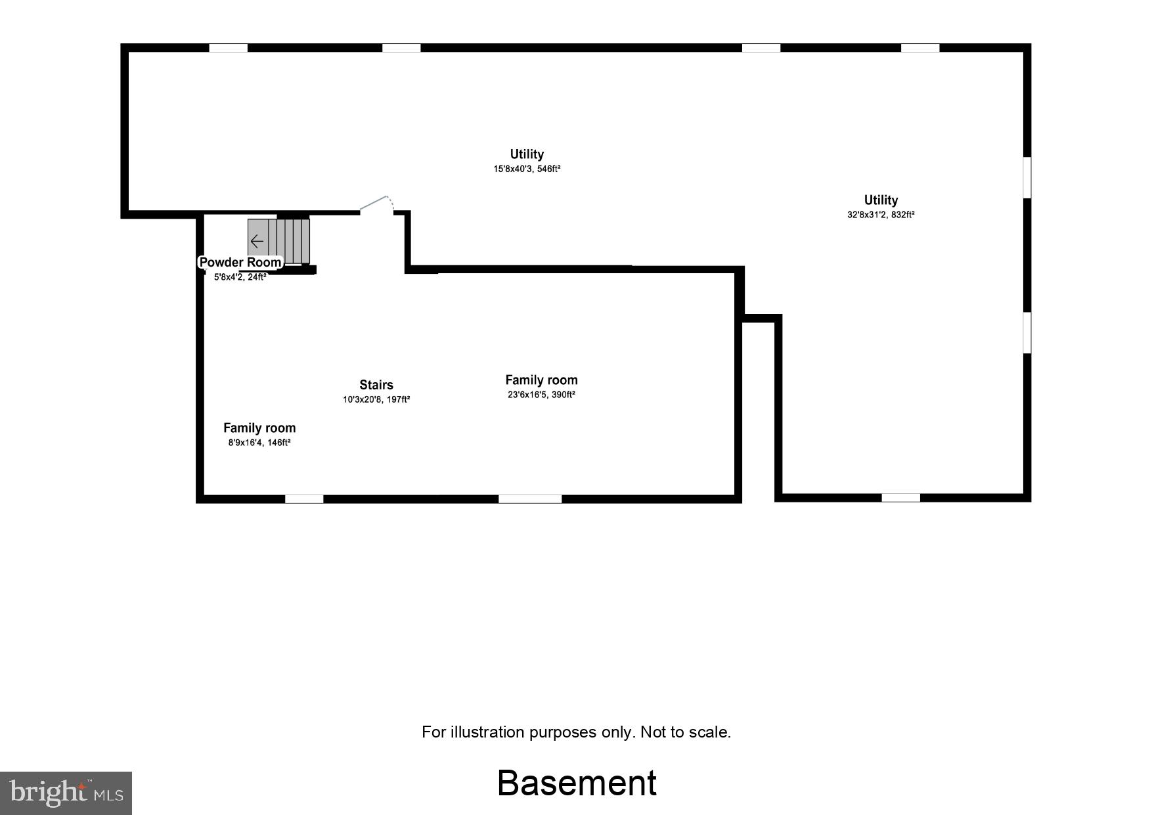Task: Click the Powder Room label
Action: [240, 263]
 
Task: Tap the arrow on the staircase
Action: [257, 241]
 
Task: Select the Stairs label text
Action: [376, 385]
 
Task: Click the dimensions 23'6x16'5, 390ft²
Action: [541, 395]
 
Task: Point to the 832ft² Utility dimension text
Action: [881, 215]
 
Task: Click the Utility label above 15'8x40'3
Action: [527, 154]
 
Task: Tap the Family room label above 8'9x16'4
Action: [259, 428]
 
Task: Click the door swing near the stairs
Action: [377, 204]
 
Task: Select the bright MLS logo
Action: [66, 793]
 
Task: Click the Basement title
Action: [577, 783]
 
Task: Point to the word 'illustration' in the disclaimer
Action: [487, 732]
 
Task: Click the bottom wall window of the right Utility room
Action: [900, 498]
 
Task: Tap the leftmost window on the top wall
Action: [229, 48]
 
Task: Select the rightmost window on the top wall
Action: [920, 48]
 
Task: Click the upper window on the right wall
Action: [1027, 177]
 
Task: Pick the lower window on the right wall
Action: [1027, 333]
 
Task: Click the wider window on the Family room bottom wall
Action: [530, 499]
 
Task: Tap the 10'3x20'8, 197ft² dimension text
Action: [376, 399]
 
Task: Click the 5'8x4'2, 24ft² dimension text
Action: [240, 277]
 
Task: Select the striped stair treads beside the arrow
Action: [290, 241]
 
